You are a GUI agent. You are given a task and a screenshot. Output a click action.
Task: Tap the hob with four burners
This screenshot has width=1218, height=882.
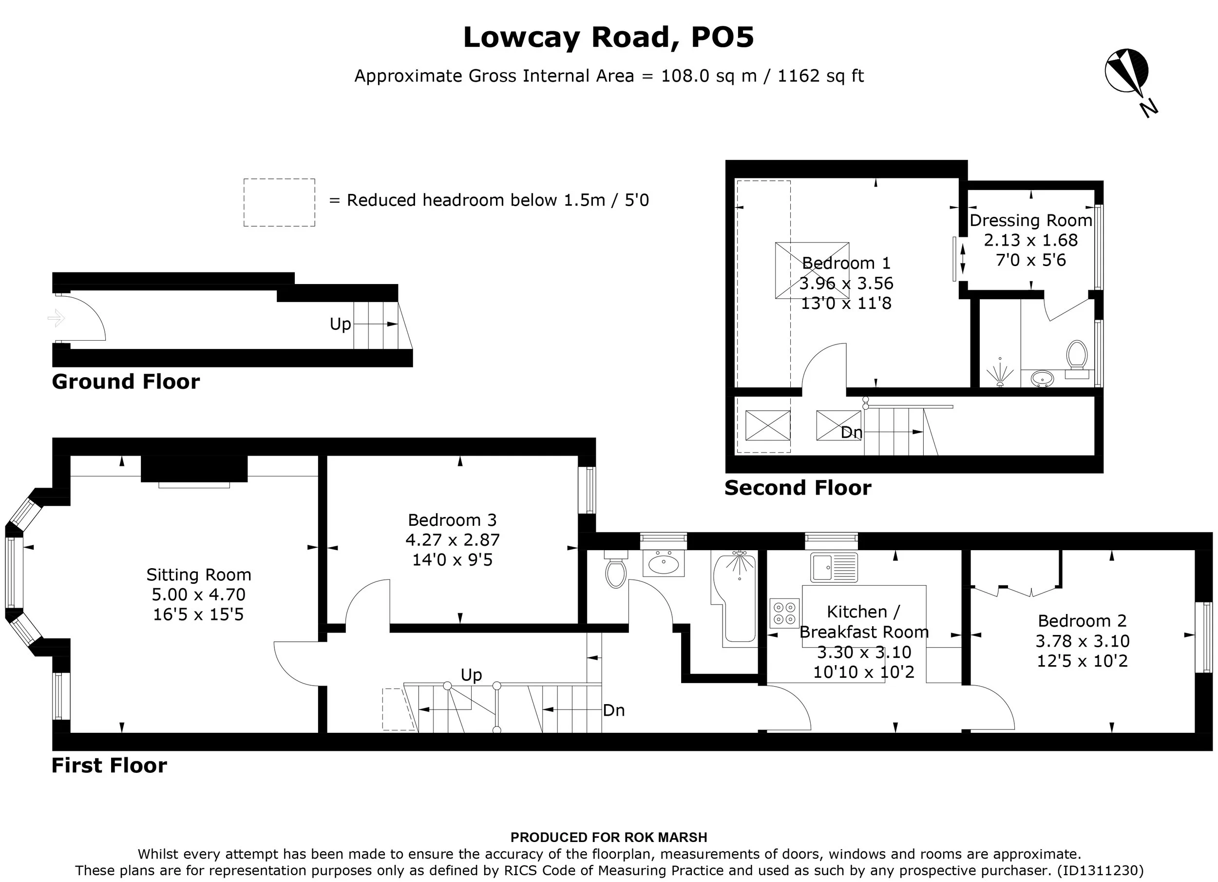pos(784,614)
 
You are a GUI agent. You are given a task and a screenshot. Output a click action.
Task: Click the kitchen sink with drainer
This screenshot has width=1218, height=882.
pos(834,567)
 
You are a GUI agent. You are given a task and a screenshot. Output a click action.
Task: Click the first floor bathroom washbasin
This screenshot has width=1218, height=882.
pos(664,563)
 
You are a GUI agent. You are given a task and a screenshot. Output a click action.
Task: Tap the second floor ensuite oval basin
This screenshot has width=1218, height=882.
pos(1043,378)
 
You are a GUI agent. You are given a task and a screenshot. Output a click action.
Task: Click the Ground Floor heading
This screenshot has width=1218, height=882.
pos(126,382)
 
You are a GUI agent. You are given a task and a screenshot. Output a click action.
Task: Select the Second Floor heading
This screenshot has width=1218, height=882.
pos(798,488)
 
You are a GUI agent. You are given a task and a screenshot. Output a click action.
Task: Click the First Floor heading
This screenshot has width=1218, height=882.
pos(109,766)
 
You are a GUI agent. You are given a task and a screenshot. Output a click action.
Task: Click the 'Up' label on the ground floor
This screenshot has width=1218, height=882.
pos(341,325)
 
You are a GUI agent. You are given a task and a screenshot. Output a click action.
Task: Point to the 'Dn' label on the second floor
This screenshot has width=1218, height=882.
pos(851,432)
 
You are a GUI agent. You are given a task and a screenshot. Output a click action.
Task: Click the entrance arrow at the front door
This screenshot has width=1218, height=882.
pos(57,318)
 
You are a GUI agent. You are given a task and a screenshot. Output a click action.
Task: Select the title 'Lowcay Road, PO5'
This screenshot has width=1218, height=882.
pos(609,38)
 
